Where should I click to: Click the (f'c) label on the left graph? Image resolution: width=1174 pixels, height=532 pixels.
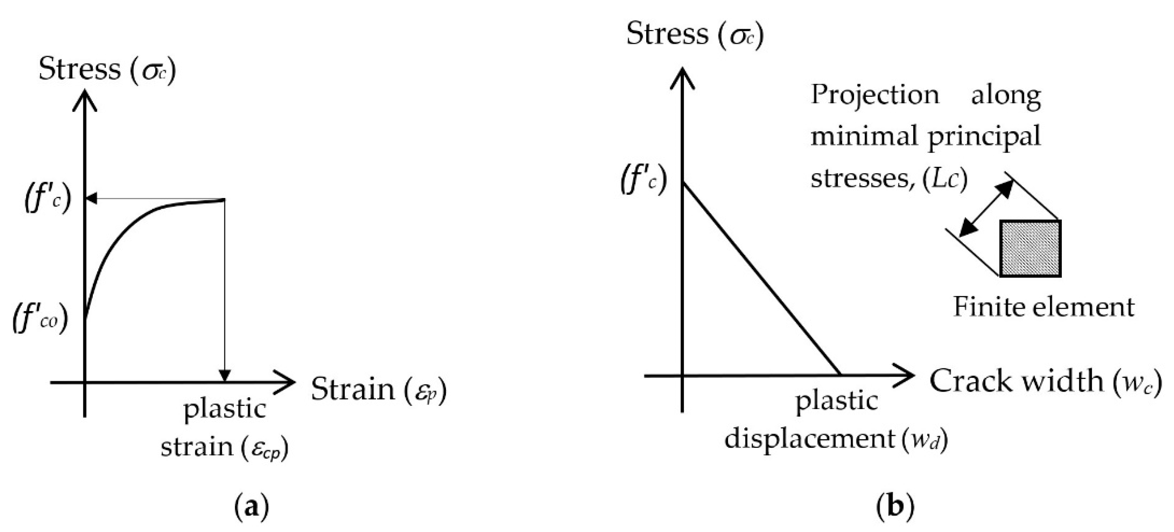point(48,200)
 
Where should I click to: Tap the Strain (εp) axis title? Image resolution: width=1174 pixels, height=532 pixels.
point(378,390)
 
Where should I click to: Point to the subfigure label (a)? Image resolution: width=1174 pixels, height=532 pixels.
point(251,506)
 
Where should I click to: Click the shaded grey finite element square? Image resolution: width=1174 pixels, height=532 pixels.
point(1030,249)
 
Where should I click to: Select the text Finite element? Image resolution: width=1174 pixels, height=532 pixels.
point(1044,307)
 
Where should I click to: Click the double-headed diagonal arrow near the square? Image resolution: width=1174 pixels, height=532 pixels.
point(987,208)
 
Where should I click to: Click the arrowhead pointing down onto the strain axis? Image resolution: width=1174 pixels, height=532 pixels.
point(223,375)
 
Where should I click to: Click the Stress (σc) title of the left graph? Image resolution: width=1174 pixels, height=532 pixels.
point(107,70)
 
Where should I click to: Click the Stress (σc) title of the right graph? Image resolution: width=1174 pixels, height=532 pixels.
point(694,34)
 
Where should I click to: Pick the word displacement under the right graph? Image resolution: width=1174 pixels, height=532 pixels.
point(810,439)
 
